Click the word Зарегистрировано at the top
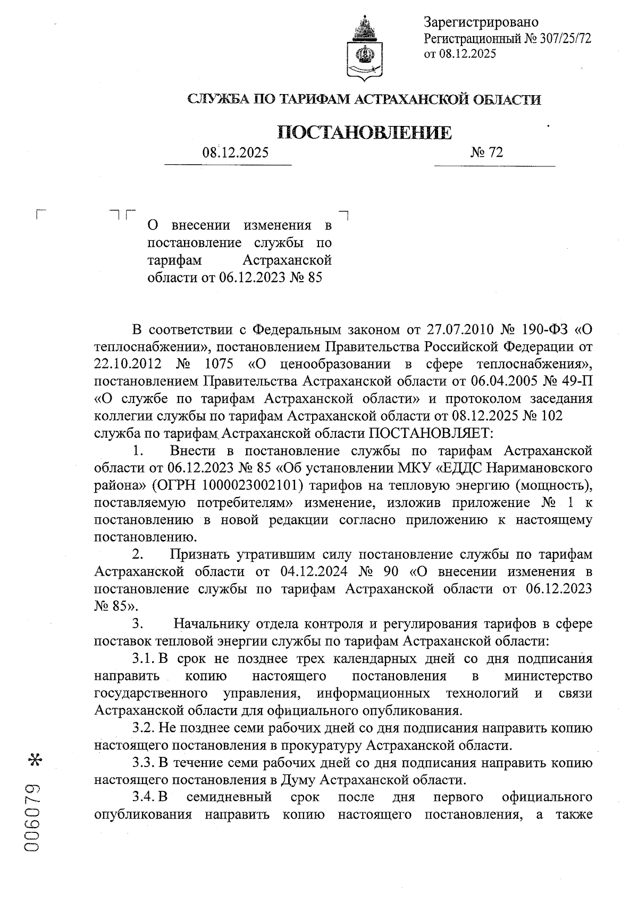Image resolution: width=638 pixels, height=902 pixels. (481, 22)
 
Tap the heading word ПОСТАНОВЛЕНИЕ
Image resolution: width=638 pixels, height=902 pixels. (365, 132)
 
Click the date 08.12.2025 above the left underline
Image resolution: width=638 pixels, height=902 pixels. (235, 153)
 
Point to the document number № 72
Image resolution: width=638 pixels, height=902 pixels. (486, 153)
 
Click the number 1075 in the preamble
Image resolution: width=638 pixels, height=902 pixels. (221, 364)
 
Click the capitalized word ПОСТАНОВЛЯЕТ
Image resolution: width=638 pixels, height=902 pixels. (430, 433)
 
